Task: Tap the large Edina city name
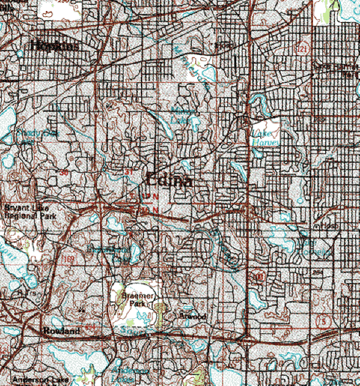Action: point(169,181)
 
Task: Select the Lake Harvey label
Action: point(264,137)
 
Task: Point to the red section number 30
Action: point(64,173)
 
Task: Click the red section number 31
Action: point(128,172)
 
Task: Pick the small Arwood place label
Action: point(193,316)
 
